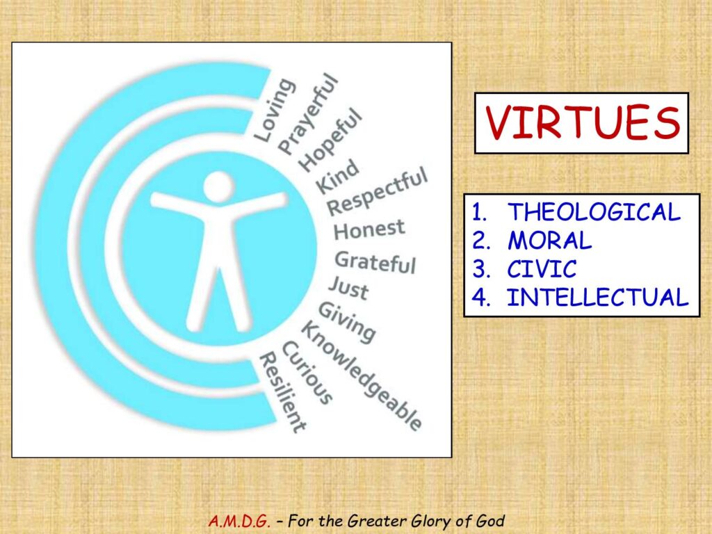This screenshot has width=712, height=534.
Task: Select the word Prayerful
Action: [308, 115]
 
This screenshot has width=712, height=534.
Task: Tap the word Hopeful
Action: [331, 140]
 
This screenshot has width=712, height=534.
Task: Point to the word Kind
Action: [337, 177]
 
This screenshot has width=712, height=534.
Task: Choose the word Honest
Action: [369, 229]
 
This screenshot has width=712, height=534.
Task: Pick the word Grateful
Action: [375, 263]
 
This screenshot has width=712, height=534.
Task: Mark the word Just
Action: [348, 288]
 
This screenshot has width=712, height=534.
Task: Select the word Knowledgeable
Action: [362, 375]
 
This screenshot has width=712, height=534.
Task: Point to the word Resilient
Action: [282, 392]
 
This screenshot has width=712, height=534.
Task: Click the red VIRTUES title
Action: [582, 123]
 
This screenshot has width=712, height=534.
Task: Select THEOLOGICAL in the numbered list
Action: [594, 212]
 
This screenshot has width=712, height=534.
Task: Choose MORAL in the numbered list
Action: [549, 240]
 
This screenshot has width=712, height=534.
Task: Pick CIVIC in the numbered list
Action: [542, 269]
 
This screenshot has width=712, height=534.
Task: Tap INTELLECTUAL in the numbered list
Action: [597, 298]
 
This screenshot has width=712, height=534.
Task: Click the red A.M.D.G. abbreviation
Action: [239, 520]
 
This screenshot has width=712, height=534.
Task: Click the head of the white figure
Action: [218, 186]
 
